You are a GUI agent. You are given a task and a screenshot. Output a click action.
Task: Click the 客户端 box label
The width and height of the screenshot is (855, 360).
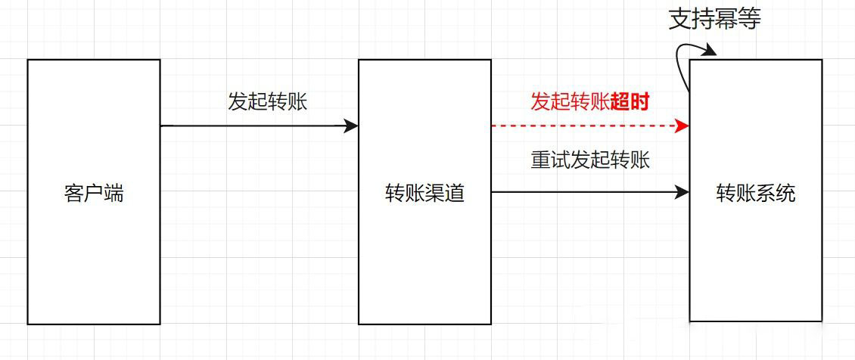click(94, 194)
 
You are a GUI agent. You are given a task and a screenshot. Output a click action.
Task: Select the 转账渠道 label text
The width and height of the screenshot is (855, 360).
click(424, 194)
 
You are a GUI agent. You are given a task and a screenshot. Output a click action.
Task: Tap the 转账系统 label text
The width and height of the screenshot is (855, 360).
click(756, 194)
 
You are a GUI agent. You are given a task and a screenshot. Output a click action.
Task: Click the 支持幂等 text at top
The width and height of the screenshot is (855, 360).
click(714, 20)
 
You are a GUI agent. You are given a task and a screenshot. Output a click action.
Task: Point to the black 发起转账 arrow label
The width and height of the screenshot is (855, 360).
click(268, 102)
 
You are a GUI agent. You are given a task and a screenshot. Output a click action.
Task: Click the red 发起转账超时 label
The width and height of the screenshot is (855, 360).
click(590, 102)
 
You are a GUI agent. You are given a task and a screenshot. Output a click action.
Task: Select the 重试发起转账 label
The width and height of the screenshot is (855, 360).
click(590, 160)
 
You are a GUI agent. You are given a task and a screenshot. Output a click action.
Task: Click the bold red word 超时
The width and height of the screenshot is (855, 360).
click(630, 102)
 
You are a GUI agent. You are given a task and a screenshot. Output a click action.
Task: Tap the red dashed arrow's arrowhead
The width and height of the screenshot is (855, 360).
click(682, 126)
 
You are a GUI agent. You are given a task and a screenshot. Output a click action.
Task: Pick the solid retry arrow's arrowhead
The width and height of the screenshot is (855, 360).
click(682, 191)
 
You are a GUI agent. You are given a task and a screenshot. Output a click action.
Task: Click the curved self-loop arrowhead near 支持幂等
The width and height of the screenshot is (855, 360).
click(708, 51)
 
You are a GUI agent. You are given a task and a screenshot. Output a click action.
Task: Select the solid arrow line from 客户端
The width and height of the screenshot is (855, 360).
click(259, 126)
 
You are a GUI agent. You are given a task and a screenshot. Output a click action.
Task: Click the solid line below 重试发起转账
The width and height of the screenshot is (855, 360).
click(590, 191)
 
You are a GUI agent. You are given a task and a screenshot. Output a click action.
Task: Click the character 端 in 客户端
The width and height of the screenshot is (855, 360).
click(114, 194)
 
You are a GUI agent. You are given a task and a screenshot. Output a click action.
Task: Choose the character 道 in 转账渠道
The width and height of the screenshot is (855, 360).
click(455, 194)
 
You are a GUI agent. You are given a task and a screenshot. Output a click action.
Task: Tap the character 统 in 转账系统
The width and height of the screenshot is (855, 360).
click(785, 194)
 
